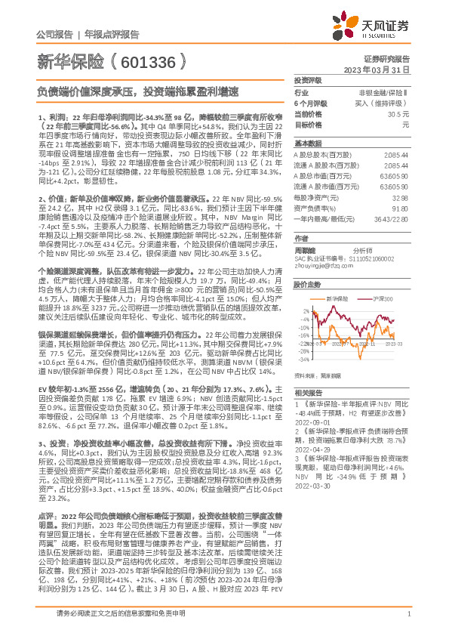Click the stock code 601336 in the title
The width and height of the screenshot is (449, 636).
point(152,61)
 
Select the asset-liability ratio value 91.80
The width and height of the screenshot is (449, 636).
point(400,207)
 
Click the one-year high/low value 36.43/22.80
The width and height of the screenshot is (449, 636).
point(392,218)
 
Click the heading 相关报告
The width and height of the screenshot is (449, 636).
point(308,393)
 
